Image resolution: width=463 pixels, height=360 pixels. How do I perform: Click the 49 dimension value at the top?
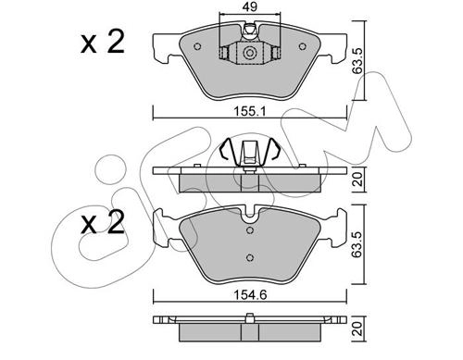[x=250, y=6]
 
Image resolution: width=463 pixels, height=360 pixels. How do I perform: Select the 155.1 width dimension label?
[x=249, y=112]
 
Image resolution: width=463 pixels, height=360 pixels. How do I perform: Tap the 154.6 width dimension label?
[x=250, y=295]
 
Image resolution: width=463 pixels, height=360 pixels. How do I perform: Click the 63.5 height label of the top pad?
[x=357, y=61]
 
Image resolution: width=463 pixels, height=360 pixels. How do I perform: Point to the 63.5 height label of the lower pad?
[x=357, y=243]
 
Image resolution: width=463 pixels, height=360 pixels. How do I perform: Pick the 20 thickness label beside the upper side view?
[x=357, y=180]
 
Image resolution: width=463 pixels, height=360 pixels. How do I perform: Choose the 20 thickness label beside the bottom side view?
[x=357, y=329]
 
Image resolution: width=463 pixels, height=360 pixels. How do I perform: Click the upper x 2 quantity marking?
[x=103, y=43]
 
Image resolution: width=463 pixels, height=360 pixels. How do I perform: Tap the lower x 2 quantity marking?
[x=103, y=222]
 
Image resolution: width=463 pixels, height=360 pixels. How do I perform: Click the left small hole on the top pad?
[x=197, y=46]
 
